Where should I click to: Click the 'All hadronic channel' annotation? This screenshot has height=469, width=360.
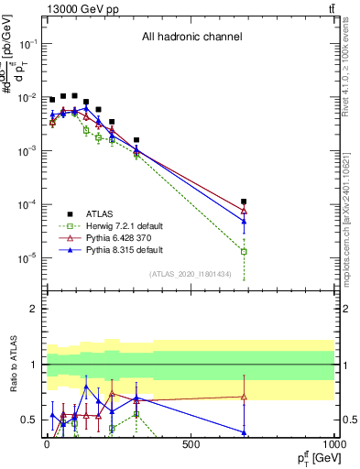[191, 38]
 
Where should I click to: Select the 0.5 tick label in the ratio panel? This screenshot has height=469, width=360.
[28, 420]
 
